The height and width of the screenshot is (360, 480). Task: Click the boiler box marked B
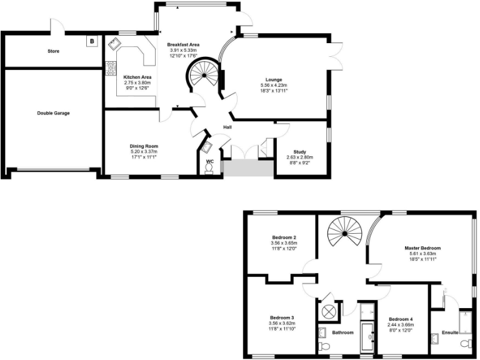(92, 42)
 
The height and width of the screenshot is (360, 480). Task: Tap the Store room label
(53, 51)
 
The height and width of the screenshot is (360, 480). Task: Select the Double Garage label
(52, 113)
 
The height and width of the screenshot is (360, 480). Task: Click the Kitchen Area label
(137, 77)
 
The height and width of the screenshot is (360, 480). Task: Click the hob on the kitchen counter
(111, 67)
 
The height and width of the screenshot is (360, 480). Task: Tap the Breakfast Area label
(183, 45)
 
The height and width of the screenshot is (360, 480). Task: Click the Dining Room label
(144, 146)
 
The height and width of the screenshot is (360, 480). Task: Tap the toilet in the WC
(208, 169)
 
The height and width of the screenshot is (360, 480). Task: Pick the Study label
(299, 151)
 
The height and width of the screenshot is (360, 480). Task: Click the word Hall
(229, 129)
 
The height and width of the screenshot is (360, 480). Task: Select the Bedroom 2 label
(284, 237)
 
